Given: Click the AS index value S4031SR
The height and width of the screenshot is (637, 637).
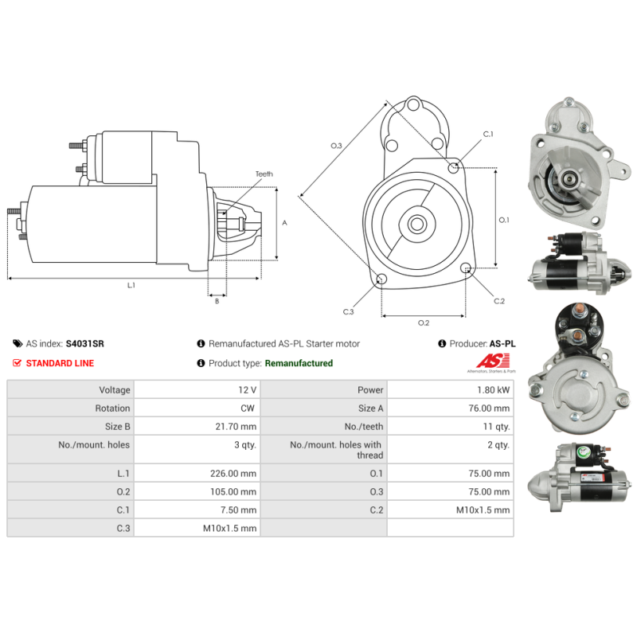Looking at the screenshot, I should (x=84, y=344).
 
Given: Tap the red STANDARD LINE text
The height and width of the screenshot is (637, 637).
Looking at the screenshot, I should (x=60, y=363).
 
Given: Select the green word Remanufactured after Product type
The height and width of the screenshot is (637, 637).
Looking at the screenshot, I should (x=299, y=363).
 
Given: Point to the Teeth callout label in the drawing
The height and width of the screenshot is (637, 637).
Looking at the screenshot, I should (x=264, y=174).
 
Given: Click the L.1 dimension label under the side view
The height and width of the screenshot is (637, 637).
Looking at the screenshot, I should (x=131, y=285).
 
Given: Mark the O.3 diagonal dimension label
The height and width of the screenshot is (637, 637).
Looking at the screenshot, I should (x=336, y=146).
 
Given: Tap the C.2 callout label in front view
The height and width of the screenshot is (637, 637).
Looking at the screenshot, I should (x=499, y=301).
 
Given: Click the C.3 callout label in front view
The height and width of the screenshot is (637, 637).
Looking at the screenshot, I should (x=348, y=311).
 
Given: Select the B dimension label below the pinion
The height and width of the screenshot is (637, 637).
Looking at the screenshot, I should (x=216, y=301).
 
